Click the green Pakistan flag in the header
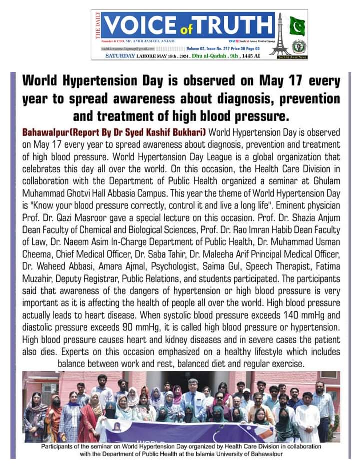pyautogui.click(x=299, y=26)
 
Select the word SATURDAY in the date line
pyautogui.click(x=120, y=57)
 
